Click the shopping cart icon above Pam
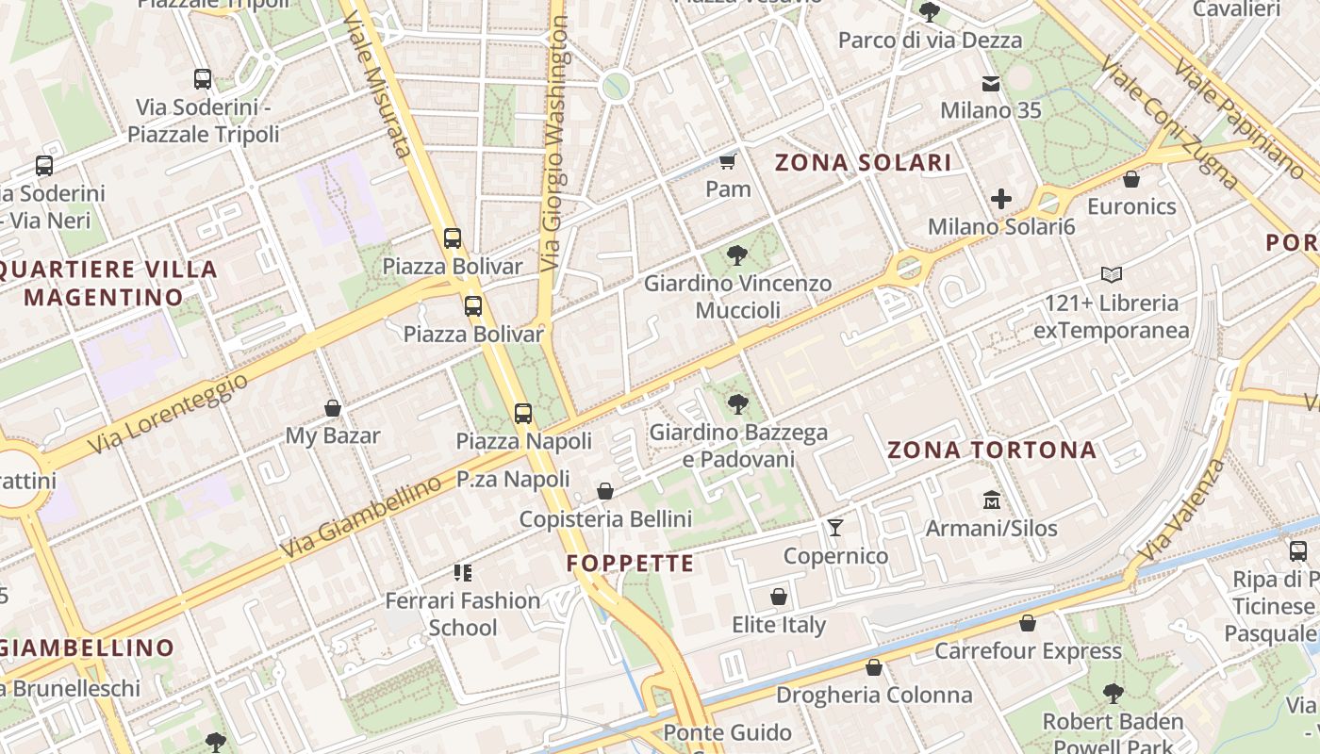click(727, 161)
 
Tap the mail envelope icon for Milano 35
click(991, 84)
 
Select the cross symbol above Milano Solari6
click(1001, 199)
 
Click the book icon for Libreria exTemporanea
click(1112, 275)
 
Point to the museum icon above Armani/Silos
click(991, 500)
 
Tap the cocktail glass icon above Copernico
click(834, 528)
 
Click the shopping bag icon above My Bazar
click(332, 408)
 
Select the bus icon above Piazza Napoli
click(523, 413)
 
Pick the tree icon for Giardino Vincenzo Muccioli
click(737, 254)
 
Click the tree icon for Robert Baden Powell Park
click(1113, 694)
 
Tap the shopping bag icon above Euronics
click(1131, 178)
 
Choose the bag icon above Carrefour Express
click(1028, 623)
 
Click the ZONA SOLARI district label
click(863, 163)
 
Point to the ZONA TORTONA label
click(992, 451)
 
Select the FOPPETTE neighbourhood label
click(630, 565)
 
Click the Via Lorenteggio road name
click(170, 413)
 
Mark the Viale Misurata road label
click(385, 99)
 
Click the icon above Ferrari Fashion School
click(462, 572)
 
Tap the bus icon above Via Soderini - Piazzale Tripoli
click(203, 79)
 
